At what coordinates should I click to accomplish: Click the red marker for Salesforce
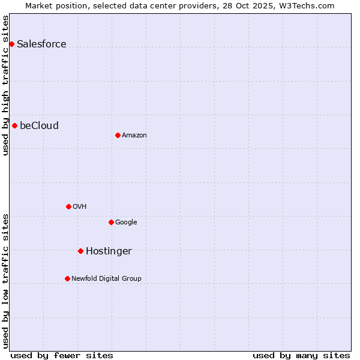coord(11,44)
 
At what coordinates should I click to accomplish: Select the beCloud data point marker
coord(14,125)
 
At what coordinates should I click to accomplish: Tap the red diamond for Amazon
coord(118,135)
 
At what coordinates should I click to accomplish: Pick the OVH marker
coord(68,206)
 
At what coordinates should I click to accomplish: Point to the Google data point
coord(111,222)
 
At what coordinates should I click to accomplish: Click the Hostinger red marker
coord(80,251)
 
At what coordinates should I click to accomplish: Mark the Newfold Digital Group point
coord(67,278)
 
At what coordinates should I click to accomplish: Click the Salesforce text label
coord(41,44)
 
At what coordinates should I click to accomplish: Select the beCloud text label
coord(39,125)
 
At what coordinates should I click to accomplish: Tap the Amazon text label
coord(134,135)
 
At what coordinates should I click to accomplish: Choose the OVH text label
coord(79,206)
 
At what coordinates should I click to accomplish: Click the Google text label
coord(126,222)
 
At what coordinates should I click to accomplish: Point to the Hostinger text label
coord(109,251)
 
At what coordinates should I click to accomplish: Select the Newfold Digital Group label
coord(106,278)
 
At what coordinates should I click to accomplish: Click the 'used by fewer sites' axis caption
coord(62,355)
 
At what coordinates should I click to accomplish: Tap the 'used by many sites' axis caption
coord(301,355)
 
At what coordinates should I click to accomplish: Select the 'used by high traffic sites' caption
coord(6,85)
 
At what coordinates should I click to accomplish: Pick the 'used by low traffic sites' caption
coord(6,280)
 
